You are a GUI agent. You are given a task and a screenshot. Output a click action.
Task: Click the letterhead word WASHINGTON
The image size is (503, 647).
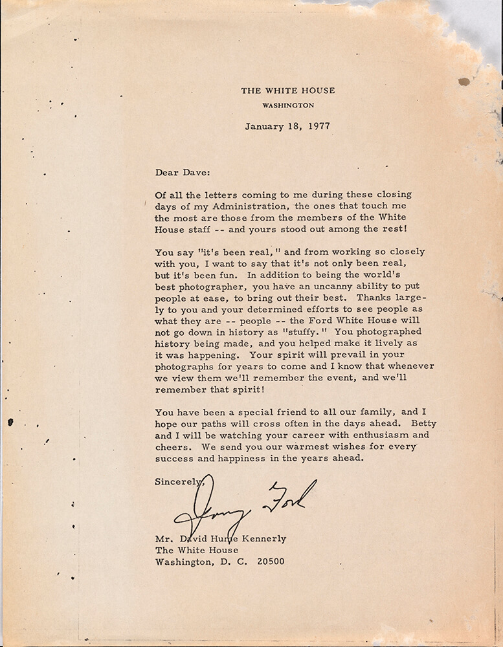288,105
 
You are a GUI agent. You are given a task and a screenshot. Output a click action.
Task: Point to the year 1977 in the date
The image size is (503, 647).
318,126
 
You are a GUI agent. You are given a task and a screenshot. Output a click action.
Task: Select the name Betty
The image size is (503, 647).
406,424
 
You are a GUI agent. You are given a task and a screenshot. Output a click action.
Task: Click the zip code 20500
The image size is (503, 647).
270,562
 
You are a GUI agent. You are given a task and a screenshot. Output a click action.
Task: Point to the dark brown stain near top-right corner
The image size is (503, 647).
464,82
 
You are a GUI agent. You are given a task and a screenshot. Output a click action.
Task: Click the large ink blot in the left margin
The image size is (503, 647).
10,422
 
